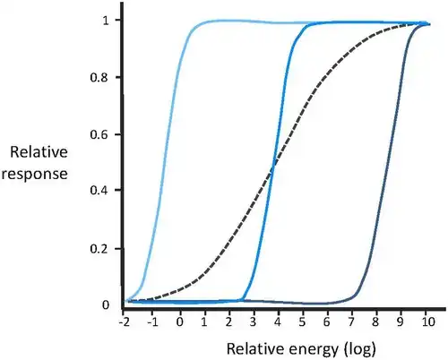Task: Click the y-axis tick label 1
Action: pos(107,21)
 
